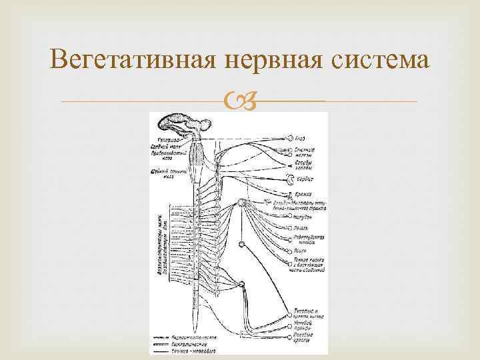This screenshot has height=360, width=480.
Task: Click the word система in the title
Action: pos(383,61)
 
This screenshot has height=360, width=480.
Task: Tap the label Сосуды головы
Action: pos(304,165)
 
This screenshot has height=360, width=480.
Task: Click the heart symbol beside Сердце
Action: pos(289,179)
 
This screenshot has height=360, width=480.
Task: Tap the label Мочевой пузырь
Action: pos(305,325)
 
